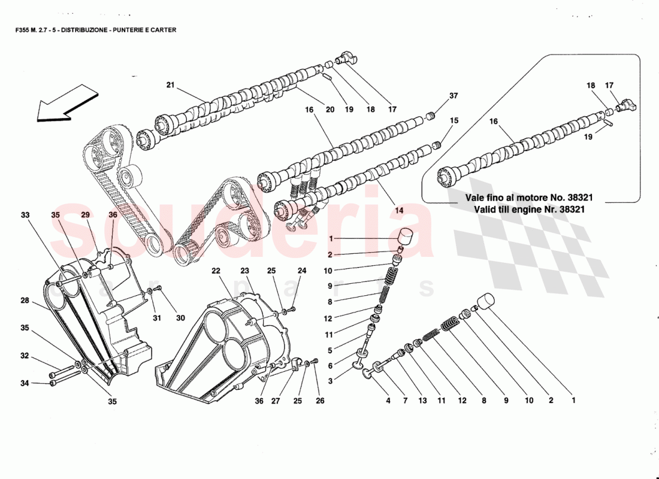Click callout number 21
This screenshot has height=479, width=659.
(170, 85)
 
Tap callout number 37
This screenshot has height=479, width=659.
(454, 96)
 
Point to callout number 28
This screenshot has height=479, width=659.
(24, 301)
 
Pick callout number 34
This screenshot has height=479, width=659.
(24, 384)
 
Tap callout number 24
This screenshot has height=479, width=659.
(302, 271)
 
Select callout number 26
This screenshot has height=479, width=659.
(320, 401)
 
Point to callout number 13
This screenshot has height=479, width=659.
(423, 401)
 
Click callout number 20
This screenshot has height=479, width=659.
(330, 110)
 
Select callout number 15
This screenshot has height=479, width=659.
(454, 120)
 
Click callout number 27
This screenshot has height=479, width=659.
(276, 401)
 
